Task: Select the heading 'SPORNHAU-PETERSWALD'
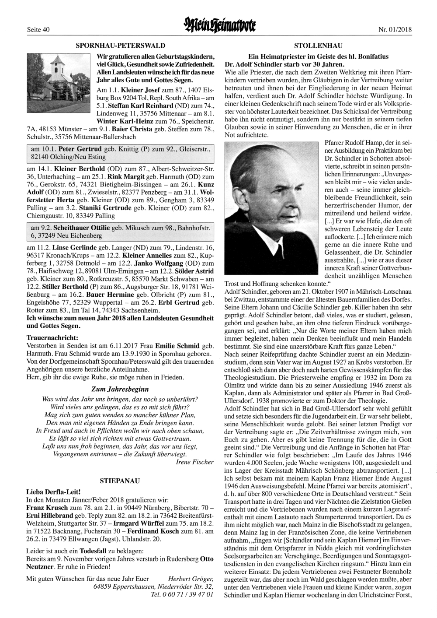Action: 120,45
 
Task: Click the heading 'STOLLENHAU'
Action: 318,46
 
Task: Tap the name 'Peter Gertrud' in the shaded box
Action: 80,149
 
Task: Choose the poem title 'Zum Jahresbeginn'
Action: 120,389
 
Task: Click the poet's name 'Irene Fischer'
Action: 194,462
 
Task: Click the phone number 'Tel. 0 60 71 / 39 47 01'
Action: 182,595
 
